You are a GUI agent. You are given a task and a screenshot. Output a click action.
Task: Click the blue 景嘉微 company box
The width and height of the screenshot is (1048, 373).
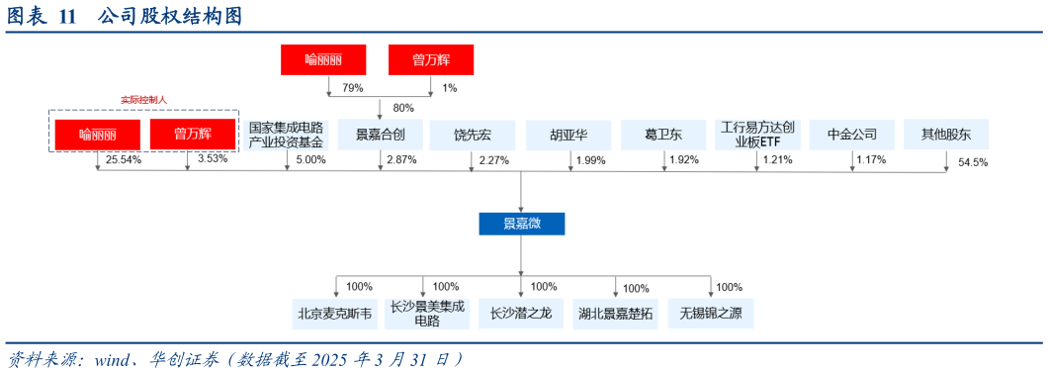coord(521,224)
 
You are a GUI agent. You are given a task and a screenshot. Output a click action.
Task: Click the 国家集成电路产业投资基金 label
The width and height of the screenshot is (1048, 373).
coord(286,135)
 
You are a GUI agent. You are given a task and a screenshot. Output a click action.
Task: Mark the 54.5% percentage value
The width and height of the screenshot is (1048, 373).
coord(973,162)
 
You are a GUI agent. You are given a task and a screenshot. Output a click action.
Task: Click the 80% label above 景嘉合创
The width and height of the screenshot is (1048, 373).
coord(403,107)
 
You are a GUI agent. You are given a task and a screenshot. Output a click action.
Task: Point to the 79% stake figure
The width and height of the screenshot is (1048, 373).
coord(353,88)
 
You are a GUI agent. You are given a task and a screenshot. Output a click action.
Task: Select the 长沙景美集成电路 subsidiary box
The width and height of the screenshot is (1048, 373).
coord(427,314)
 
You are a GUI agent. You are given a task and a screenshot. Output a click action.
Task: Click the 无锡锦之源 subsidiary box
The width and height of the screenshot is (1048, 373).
coord(711,314)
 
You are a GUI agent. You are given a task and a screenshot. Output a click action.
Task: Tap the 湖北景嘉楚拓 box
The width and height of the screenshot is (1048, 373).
coord(616,314)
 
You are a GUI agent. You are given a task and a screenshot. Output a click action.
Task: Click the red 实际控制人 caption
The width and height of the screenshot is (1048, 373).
coord(144,100)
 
